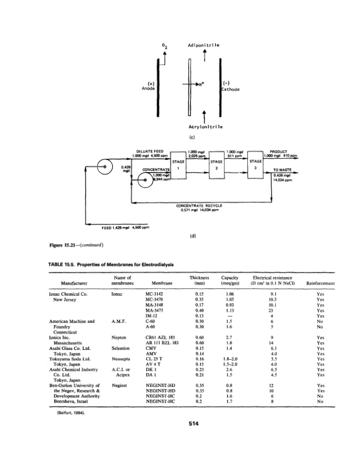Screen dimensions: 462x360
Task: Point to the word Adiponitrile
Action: click(202, 44)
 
